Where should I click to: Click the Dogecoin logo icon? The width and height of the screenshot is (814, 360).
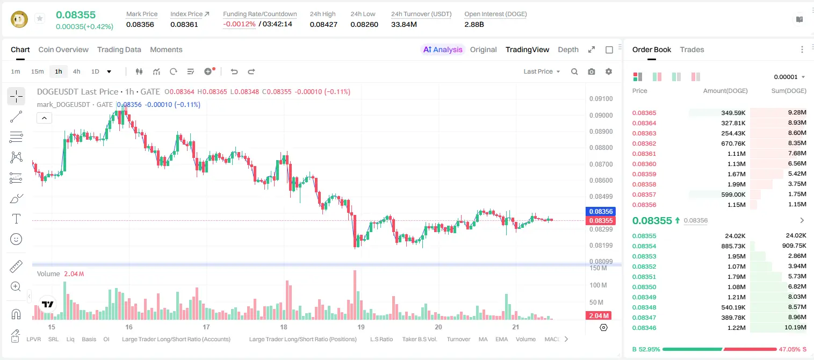point(19,19)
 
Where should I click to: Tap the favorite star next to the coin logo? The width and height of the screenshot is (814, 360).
point(40,18)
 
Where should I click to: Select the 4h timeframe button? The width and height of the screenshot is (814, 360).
point(76,71)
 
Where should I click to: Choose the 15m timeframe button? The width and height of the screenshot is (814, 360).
point(38,71)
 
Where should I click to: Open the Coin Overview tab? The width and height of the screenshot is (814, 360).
point(63,49)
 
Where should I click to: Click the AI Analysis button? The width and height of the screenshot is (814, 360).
point(443,49)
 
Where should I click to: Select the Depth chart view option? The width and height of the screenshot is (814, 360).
point(568,49)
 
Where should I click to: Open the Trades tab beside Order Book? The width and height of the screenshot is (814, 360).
point(692,49)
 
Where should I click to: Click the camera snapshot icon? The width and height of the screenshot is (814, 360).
point(592,71)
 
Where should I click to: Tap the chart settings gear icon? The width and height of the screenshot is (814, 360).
point(609,71)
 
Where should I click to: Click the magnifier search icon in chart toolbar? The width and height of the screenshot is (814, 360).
point(574,71)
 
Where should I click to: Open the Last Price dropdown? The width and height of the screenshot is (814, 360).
point(542,71)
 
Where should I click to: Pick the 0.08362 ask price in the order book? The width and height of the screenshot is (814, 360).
point(644,143)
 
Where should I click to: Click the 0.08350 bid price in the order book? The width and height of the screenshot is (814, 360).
point(644,287)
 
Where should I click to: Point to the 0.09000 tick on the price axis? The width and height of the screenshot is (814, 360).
point(601,115)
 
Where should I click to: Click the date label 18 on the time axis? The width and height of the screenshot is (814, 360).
point(284,327)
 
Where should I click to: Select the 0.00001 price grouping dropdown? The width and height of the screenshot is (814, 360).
point(789,77)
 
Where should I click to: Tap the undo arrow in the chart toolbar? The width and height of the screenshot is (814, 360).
point(234,71)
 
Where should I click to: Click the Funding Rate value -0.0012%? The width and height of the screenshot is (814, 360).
point(239,24)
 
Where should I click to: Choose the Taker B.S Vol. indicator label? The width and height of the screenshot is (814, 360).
point(420,339)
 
